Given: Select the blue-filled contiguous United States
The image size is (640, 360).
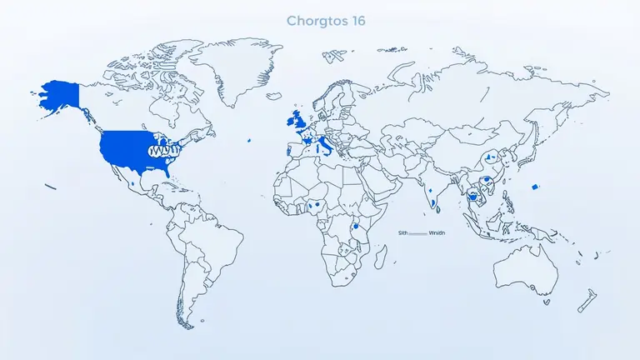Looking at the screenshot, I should coord(125,147).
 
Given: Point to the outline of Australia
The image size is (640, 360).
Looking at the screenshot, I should coord(524,267).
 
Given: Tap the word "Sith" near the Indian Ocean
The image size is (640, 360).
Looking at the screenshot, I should coord(403,234).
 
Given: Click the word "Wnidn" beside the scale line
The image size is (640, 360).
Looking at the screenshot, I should coord(437,234).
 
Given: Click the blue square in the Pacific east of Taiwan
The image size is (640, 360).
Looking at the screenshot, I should coord(535,186).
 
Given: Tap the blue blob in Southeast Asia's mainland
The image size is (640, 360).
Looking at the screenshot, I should coord(474,198).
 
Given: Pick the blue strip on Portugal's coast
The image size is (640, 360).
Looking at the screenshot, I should coord(289,152).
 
